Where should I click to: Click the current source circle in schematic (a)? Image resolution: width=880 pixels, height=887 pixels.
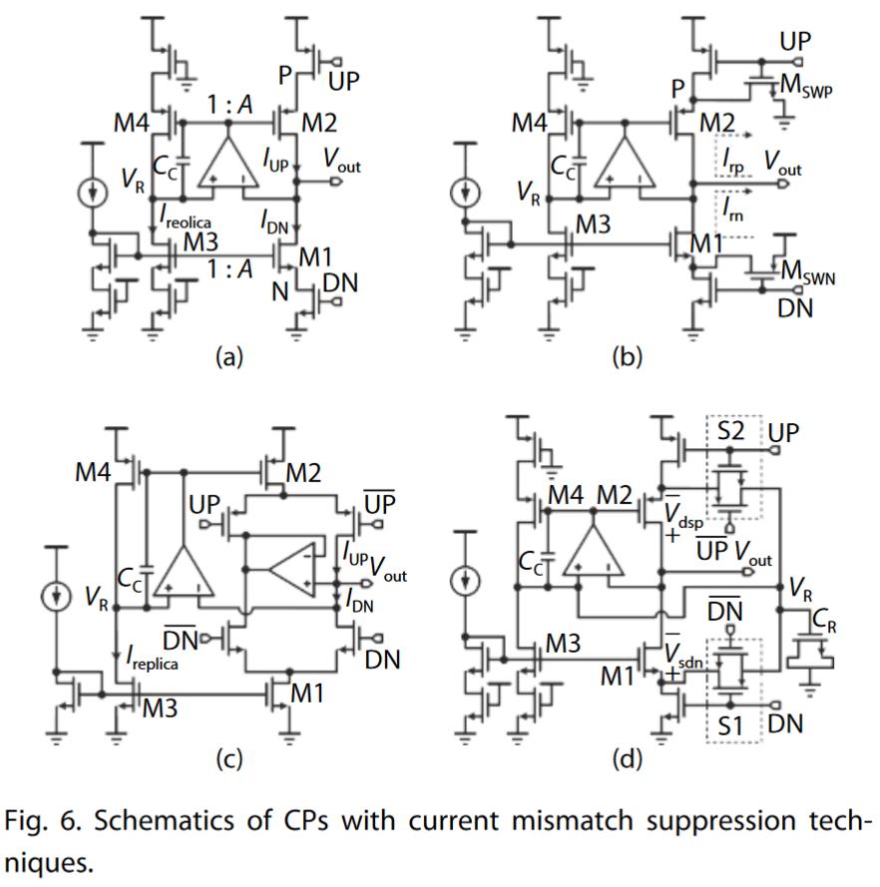[x=91, y=190]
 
